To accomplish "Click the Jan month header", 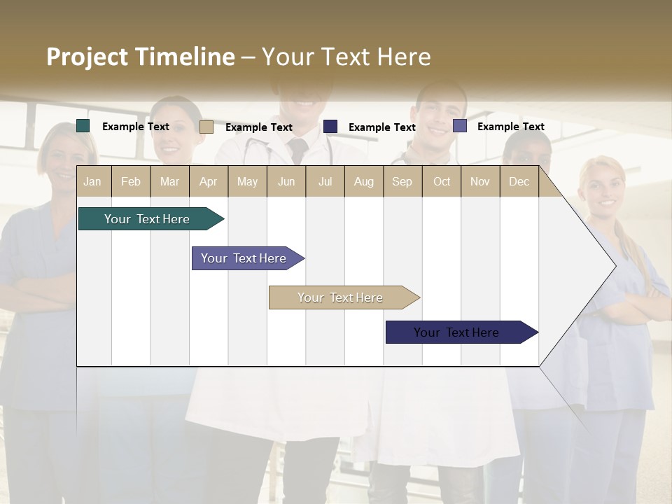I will tap(93, 181).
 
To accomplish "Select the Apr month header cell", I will tap(209, 181).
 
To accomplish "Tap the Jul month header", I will tap(325, 181).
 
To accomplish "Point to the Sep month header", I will tap(402, 181).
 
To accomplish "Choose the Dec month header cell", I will tap(519, 181).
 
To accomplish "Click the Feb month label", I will tap(131, 181).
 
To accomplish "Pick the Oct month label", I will tap(442, 181).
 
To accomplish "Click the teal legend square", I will tap(83, 126).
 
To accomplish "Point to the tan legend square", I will tap(206, 127).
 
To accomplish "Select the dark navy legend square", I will tap(330, 127).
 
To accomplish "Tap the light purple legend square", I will tap(460, 126).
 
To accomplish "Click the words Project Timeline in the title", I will tap(140, 57).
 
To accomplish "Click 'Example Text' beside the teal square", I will tap(136, 127).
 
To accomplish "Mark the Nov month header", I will tap(480, 181).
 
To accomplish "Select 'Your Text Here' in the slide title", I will tap(346, 57).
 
